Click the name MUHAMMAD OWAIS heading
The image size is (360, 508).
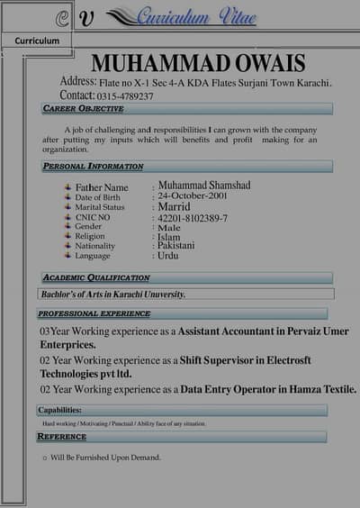[x=198, y=63]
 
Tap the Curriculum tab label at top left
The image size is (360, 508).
[x=37, y=41]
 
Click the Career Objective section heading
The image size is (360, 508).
[x=83, y=109]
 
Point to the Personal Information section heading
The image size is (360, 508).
[x=93, y=167]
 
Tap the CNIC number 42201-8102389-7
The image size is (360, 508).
[x=193, y=218]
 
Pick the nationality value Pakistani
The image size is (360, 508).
[x=181, y=245]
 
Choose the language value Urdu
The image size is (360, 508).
[x=167, y=256]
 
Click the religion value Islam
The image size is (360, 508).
[x=169, y=236]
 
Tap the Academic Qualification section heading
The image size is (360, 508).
[x=96, y=278]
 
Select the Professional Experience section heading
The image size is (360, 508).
[x=94, y=313]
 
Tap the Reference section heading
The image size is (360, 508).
[x=62, y=437]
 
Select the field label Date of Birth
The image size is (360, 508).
[x=97, y=197]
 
